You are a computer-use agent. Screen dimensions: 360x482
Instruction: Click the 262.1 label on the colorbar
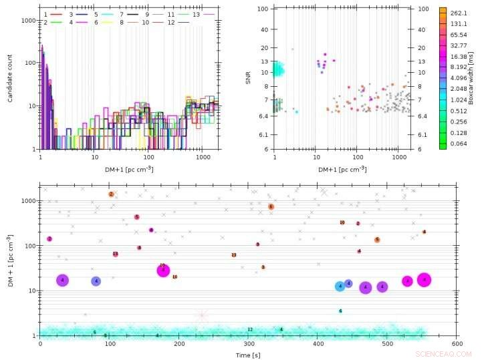click(459, 13)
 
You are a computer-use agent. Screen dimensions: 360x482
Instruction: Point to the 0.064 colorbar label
click(459, 144)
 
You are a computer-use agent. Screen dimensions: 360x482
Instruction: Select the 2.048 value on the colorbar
click(459, 88)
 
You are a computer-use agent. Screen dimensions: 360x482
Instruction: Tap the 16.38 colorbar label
click(459, 59)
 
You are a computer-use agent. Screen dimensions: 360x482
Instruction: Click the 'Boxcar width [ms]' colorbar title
click(471, 78)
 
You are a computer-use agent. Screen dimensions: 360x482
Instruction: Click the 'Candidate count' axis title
click(11, 78)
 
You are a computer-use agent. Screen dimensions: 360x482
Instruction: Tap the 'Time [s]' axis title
click(248, 354)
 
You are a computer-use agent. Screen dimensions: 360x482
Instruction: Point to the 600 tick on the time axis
click(457, 343)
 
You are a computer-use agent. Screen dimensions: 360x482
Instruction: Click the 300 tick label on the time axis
click(249, 343)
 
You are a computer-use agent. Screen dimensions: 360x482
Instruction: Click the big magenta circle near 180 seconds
click(163, 271)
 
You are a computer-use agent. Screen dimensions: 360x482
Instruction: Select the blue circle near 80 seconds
click(96, 281)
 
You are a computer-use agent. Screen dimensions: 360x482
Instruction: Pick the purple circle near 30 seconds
click(62, 281)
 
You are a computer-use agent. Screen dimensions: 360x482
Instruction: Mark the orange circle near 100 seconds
click(111, 194)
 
